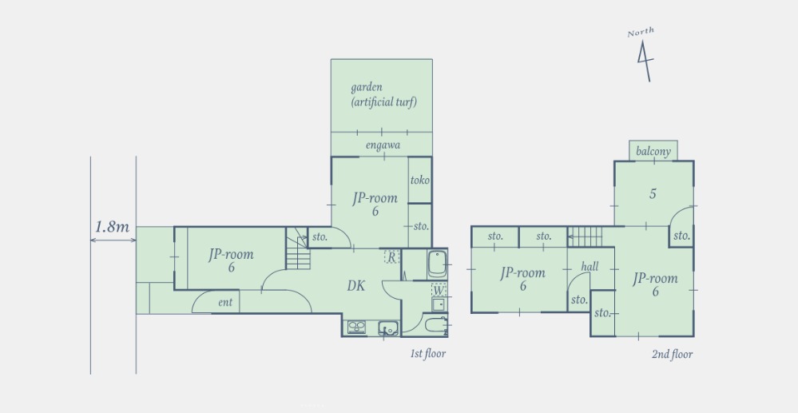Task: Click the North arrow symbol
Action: [x=645, y=61]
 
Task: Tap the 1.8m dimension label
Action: [x=113, y=227]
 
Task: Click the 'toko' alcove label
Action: [x=420, y=181]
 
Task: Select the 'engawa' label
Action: [x=383, y=145]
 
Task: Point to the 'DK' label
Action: [x=356, y=286]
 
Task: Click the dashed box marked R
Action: [x=391, y=256]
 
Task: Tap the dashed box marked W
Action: [x=439, y=290]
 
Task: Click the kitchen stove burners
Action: [x=357, y=328]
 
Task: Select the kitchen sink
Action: [x=388, y=328]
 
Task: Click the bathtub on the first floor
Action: [x=437, y=264]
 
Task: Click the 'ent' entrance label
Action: [x=225, y=303]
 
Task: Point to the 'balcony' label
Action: [x=653, y=152]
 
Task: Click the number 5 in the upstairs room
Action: [x=653, y=194]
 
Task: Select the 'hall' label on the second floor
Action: [x=590, y=266]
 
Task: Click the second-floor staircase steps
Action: [x=586, y=236]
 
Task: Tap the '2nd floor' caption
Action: [x=673, y=355]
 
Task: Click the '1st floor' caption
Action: [x=428, y=353]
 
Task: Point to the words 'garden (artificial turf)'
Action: [x=383, y=95]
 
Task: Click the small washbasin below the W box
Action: [x=439, y=304]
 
